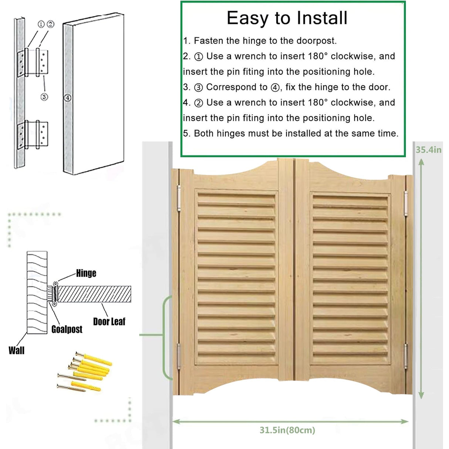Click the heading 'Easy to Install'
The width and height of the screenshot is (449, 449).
(x=287, y=18)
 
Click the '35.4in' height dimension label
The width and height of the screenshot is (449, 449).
(x=428, y=150)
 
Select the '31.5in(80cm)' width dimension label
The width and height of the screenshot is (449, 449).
(x=287, y=430)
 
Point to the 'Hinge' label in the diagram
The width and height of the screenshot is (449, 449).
(x=86, y=273)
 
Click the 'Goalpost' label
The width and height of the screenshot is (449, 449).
(x=67, y=329)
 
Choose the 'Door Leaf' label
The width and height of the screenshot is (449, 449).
(x=109, y=321)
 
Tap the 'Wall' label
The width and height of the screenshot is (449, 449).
(x=16, y=350)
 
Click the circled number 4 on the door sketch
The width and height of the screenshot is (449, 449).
(x=68, y=98)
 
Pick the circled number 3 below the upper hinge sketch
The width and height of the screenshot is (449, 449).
(x=44, y=97)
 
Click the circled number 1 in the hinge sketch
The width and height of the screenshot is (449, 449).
(x=41, y=24)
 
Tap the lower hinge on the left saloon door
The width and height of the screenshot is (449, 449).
(x=178, y=355)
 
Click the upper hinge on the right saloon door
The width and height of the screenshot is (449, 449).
(x=406, y=203)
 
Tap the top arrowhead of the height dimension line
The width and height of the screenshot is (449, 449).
(x=421, y=162)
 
